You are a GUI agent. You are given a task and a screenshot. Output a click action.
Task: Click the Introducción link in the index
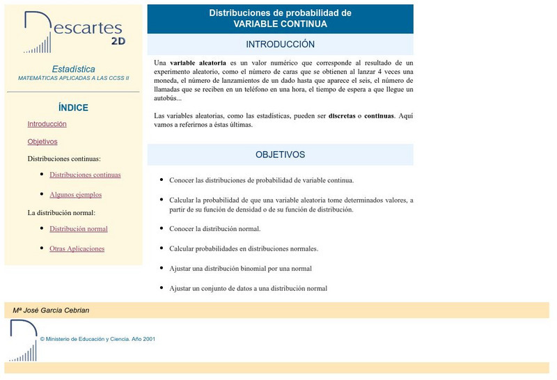(47, 124)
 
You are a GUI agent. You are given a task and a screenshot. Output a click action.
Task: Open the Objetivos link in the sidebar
(42, 141)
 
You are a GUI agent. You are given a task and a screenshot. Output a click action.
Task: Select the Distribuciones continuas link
(85, 175)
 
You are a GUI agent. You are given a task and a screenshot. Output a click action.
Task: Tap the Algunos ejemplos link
(75, 195)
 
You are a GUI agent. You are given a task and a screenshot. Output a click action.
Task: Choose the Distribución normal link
(78, 228)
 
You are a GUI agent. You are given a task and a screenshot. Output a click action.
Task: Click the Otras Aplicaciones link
(77, 248)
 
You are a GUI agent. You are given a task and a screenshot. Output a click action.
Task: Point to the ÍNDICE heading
(73, 108)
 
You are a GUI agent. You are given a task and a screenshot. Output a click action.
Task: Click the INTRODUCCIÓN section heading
(280, 44)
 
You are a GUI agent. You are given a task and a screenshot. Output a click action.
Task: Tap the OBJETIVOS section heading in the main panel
(280, 155)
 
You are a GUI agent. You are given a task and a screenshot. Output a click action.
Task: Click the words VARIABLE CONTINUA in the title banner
(280, 24)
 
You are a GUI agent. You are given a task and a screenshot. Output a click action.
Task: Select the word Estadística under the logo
(73, 69)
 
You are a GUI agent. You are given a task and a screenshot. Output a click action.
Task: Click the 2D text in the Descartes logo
(118, 40)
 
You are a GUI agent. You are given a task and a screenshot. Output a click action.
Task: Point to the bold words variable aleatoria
(198, 62)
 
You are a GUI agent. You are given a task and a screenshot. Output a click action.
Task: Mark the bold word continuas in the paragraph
(379, 116)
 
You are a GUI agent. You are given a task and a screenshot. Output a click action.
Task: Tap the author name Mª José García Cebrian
(51, 310)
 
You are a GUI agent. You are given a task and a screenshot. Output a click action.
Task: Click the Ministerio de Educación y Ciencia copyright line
(97, 339)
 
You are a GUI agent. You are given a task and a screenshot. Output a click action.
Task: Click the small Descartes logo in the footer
(23, 340)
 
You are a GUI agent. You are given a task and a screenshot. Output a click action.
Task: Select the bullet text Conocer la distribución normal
(214, 228)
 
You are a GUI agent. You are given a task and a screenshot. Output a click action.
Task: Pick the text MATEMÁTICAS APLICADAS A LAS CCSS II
(73, 78)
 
